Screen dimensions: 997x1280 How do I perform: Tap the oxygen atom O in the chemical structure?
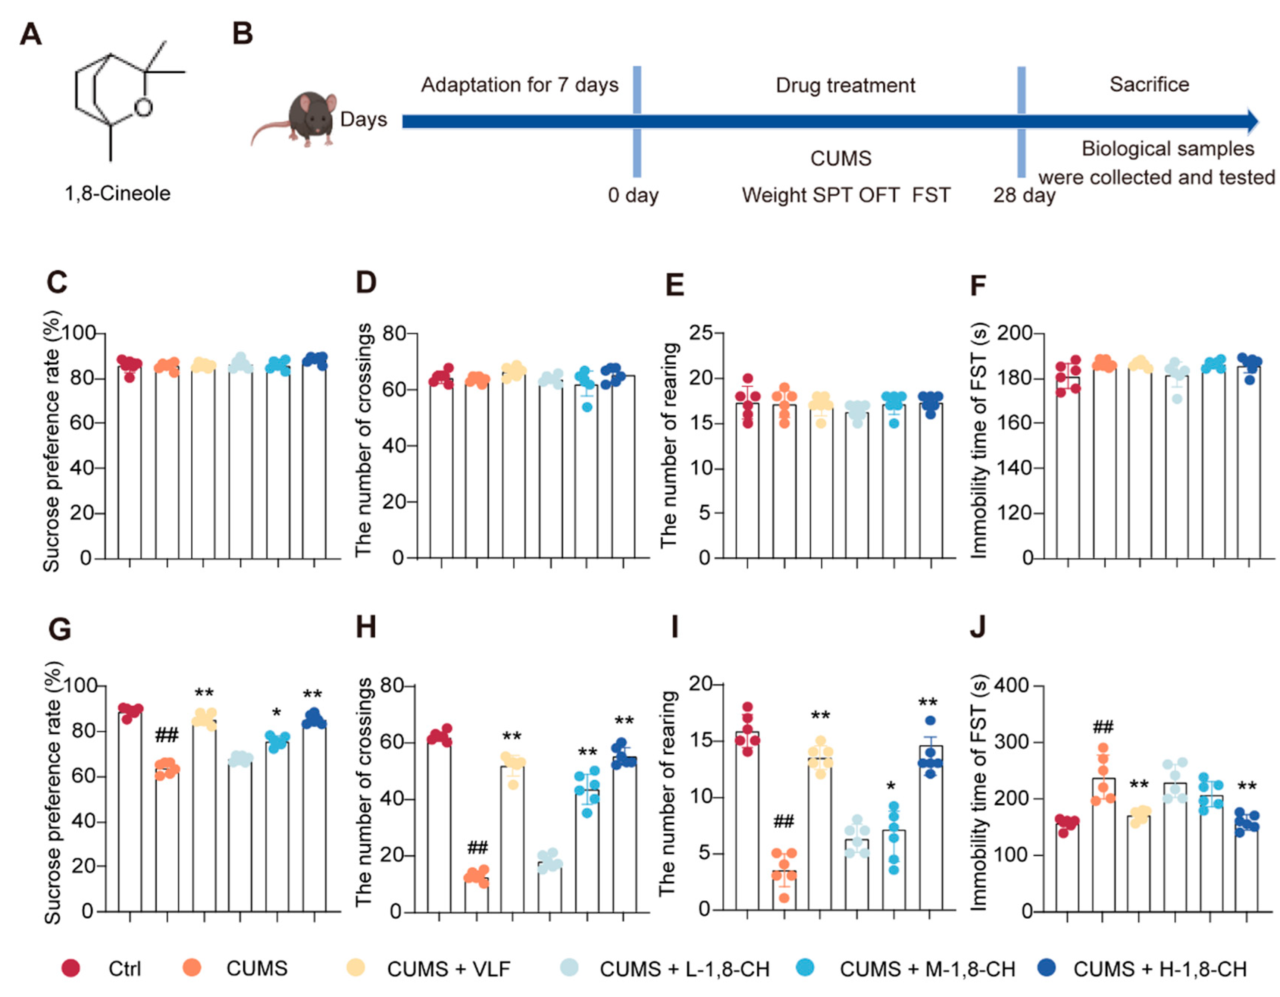tap(143, 107)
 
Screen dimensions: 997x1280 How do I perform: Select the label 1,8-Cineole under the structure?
tap(117, 194)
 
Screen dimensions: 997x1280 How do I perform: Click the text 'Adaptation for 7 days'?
tap(519, 85)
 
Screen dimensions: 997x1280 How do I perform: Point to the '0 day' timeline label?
tap(633, 195)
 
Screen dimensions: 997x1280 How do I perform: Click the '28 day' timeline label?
tap(1023, 195)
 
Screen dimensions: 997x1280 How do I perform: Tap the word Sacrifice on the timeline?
tap(1149, 84)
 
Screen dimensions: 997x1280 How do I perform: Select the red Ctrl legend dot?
tap(71, 968)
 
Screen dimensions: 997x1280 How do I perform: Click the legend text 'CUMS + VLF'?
tap(448, 969)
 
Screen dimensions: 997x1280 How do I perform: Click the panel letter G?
tap(59, 630)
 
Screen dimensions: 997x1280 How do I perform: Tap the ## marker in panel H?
tap(477, 847)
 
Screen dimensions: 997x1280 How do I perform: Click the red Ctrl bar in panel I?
tap(747, 821)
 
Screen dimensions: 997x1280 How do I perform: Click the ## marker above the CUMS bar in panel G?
tap(166, 735)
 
